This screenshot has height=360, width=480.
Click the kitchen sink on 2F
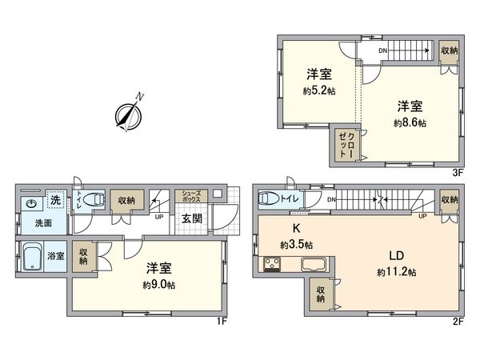313,265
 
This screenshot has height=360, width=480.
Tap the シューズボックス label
193,198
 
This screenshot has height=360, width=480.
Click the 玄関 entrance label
191,218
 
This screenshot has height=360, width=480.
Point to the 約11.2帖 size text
398,272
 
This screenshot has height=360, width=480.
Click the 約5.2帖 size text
318,90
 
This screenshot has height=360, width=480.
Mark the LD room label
397,256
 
